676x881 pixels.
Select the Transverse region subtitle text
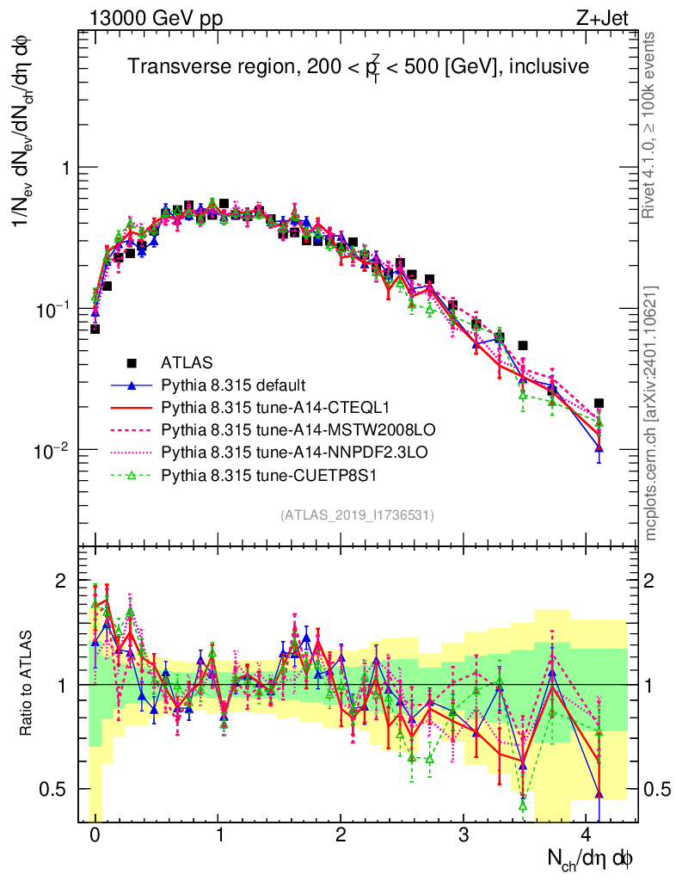[358, 66]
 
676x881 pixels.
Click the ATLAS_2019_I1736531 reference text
[357, 515]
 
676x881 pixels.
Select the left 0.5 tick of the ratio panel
[61, 789]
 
